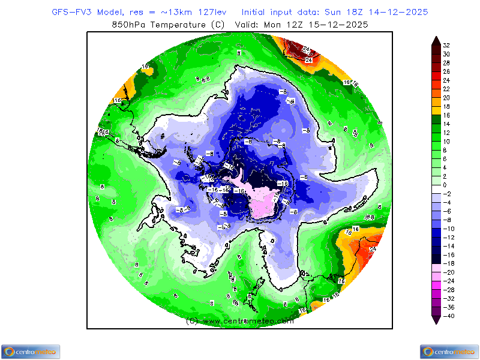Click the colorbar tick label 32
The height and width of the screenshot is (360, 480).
click(446, 45)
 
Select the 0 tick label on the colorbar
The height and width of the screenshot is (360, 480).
click(445, 185)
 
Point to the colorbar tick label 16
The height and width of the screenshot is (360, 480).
click(446, 115)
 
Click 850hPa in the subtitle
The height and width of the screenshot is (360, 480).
click(130, 25)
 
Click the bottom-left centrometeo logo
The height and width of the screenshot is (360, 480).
click(30, 352)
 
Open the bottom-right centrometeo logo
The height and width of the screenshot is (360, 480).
click(449, 352)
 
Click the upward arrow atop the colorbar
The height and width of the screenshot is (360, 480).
click(436, 40)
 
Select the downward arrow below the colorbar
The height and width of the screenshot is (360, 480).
click(436, 320)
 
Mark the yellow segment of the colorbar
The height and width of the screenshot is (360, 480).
click(436, 110)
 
